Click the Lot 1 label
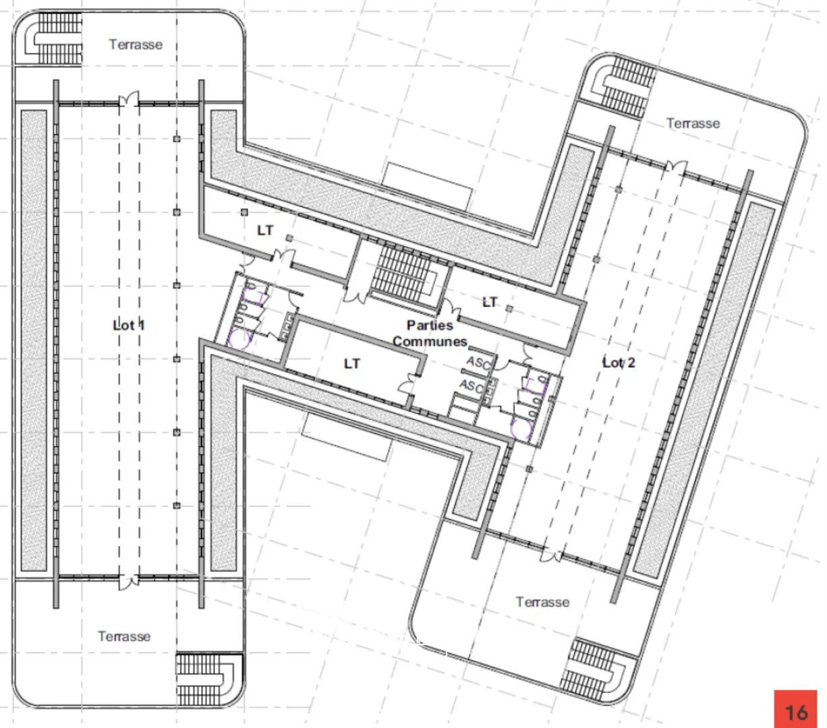(129, 325)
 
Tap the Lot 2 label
(619, 363)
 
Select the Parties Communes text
(430, 334)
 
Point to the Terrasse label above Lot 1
(136, 44)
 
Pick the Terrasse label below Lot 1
(124, 636)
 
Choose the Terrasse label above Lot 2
(693, 123)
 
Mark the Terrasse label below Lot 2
(542, 602)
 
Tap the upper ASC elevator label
(478, 363)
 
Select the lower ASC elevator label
(472, 386)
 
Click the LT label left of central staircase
(265, 231)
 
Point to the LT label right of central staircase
(490, 302)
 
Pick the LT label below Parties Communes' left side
(352, 363)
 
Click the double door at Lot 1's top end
(129, 101)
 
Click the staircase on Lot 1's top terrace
(54, 38)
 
